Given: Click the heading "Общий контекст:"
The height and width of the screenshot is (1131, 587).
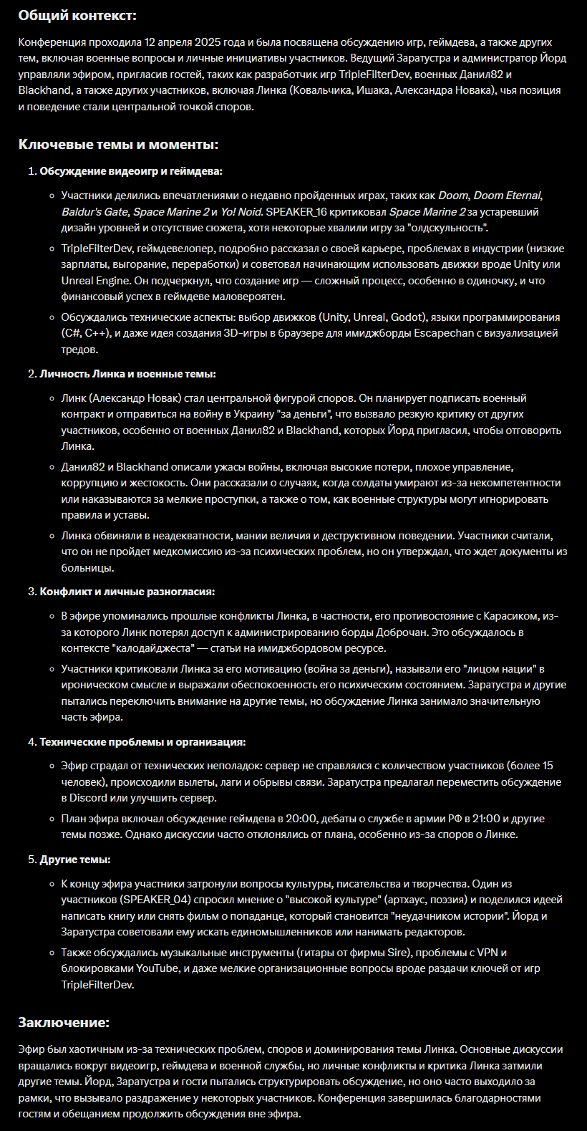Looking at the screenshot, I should point(77,15).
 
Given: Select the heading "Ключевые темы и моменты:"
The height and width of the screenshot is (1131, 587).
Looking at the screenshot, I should point(118,145).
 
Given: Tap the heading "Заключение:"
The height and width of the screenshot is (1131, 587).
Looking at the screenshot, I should point(64,1022).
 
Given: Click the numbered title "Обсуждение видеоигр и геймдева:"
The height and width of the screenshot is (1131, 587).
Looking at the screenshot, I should point(131,171).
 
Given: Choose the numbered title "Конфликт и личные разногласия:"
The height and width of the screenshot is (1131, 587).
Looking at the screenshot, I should point(127,592).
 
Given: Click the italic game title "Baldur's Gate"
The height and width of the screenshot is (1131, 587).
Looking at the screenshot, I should point(94,212).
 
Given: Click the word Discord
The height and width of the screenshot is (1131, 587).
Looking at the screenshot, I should point(88,798).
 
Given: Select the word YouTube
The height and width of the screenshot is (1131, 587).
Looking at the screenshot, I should point(158,968).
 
